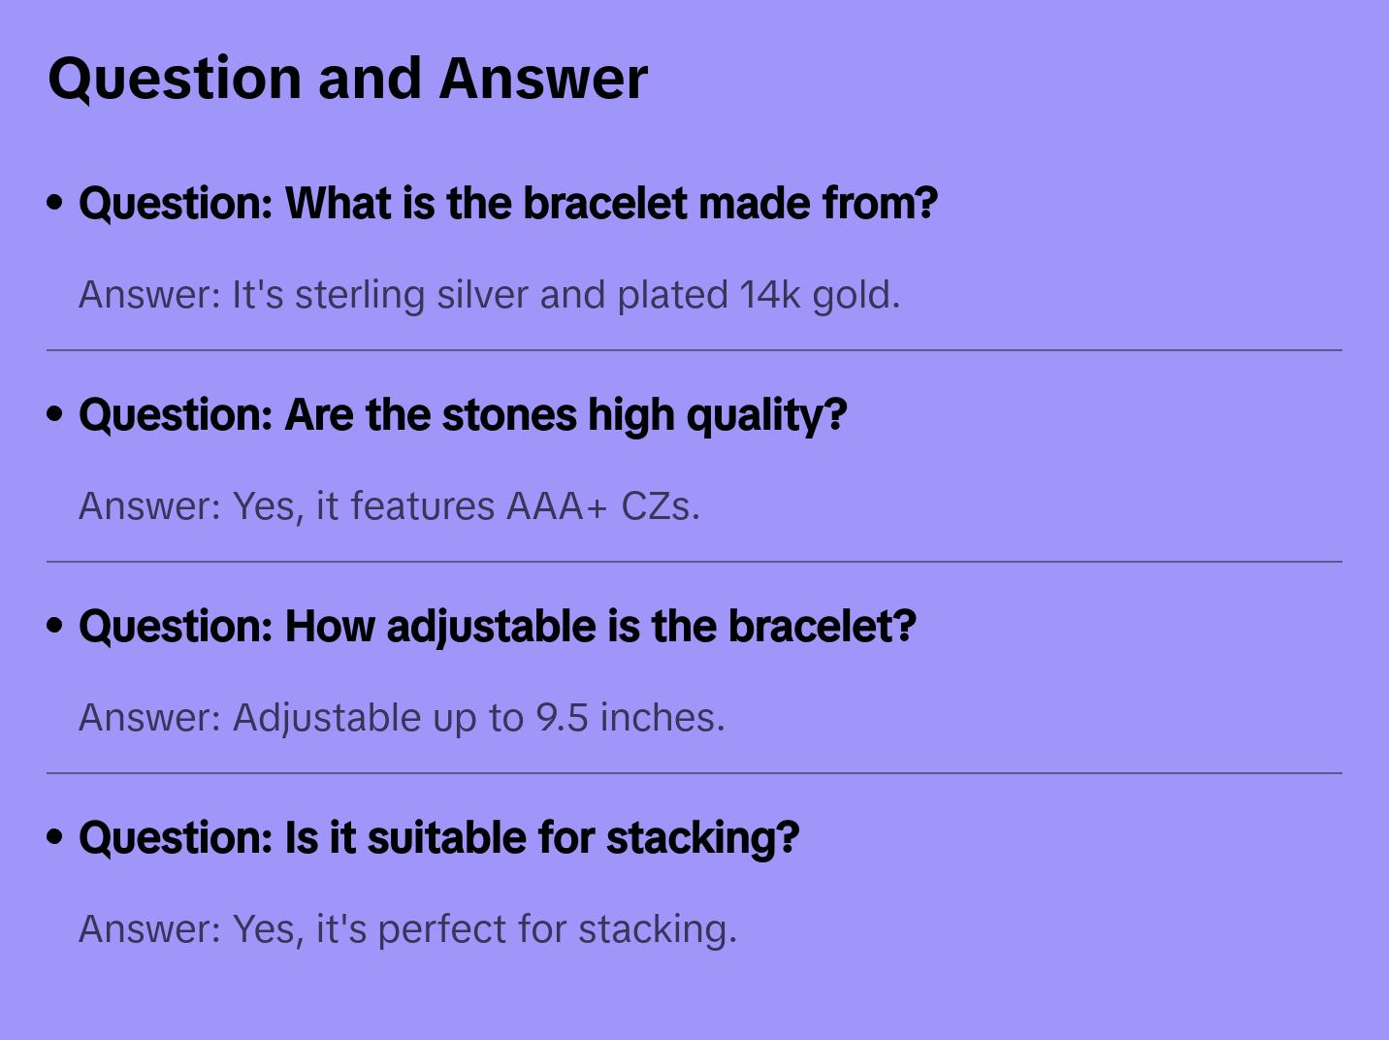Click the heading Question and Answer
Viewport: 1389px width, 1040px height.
[x=347, y=80]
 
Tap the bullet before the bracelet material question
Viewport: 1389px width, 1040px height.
[x=55, y=203]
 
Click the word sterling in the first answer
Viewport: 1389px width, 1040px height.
[x=360, y=296]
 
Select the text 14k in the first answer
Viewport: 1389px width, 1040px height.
[x=769, y=294]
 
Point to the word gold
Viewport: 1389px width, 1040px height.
[x=856, y=296]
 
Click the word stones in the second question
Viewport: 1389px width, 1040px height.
[x=509, y=415]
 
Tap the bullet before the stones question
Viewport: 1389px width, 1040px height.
[x=55, y=414]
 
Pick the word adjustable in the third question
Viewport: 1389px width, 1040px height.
[x=491, y=627]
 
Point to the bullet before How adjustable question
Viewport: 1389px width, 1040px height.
[x=55, y=626]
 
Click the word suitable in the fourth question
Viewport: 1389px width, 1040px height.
[x=447, y=837]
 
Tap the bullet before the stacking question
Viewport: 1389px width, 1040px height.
[x=55, y=837]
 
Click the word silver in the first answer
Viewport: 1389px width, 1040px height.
[x=482, y=294]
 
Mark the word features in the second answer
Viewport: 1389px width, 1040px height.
[x=422, y=506]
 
